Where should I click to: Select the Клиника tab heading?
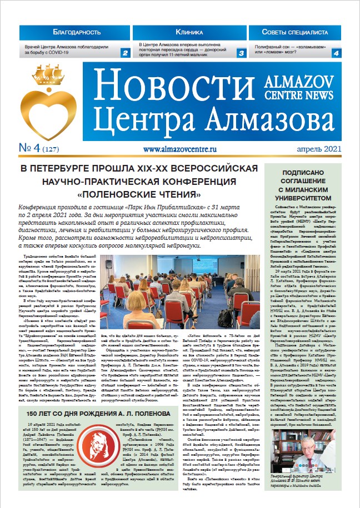188,33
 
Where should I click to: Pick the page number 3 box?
241,53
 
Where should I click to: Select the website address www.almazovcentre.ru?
179,149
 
